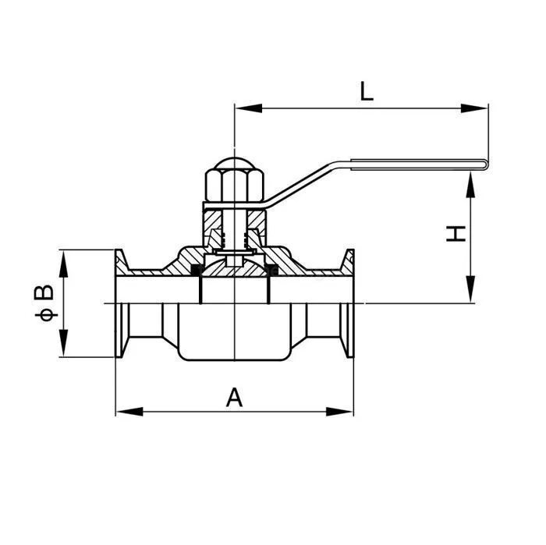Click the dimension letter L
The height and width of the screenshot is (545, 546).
point(367,91)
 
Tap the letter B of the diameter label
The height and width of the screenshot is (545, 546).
point(46,293)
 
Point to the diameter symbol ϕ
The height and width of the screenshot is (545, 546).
point(46,315)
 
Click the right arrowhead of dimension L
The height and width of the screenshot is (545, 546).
point(479,108)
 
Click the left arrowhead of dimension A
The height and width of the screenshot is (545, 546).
point(125,410)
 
